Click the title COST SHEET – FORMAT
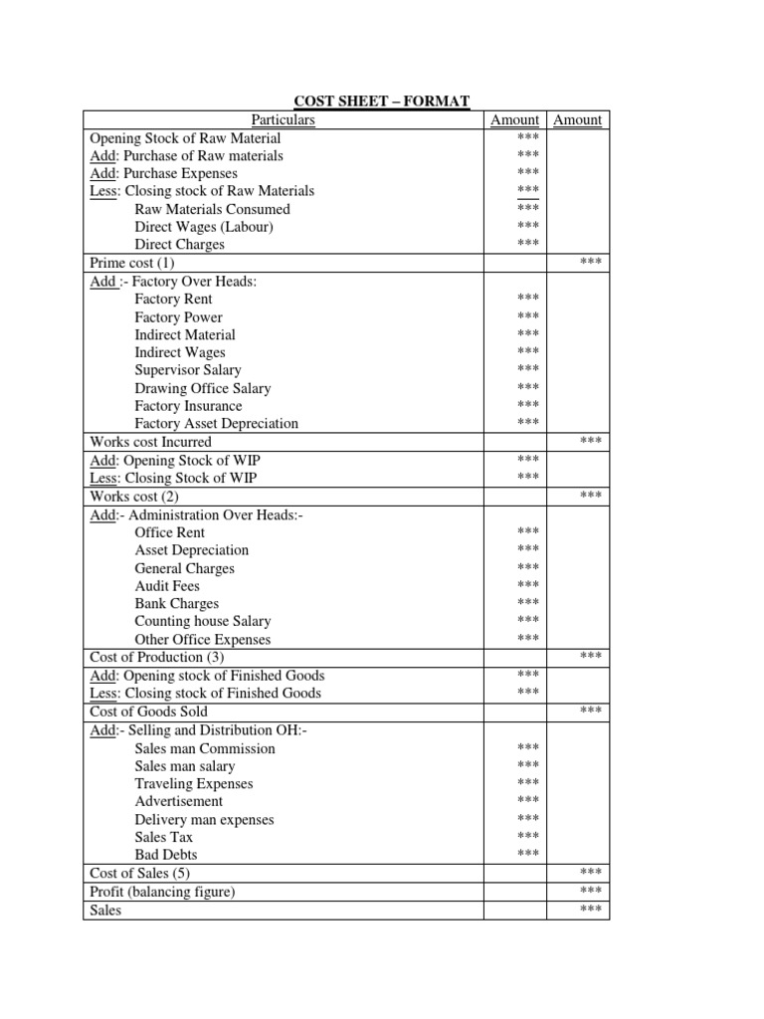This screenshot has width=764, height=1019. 381,101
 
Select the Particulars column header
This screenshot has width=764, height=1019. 283,119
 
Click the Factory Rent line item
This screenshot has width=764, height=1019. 173,299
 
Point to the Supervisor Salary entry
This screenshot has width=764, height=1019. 188,370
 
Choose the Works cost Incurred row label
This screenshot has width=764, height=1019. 150,442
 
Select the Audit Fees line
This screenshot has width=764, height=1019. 167,586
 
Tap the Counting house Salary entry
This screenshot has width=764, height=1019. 203,621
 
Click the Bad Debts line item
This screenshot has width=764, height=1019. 166,855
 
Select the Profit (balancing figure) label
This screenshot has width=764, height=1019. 162,892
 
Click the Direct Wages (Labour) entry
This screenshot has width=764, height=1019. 204,227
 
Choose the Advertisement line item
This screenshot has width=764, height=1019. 179,801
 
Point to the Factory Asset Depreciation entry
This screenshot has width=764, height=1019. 217,423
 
